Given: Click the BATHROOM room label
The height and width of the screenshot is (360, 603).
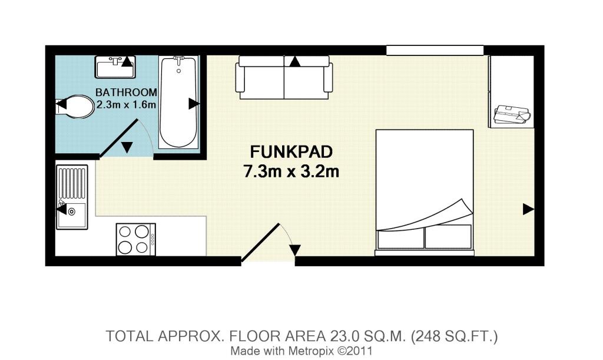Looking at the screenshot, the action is (126, 93).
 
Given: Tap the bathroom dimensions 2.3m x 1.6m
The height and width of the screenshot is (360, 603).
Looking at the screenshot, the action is (126, 105).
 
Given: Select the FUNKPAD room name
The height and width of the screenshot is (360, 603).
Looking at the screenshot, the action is (291, 152).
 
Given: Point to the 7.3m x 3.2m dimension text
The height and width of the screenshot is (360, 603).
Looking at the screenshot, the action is (291, 171).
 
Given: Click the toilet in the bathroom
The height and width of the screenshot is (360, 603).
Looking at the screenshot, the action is (76, 107).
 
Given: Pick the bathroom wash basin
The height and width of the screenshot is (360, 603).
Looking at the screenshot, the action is (115, 67).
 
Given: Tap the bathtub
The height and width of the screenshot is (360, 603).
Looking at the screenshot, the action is (178, 103).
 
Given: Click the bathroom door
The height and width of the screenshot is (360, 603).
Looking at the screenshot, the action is (118, 139).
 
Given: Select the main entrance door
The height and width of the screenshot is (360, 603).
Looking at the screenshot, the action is (260, 243).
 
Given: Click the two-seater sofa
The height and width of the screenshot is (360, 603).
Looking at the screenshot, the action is (284, 78).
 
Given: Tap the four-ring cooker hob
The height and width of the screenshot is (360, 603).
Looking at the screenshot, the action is (136, 239).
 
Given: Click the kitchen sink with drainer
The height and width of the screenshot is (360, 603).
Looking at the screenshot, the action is (72, 197).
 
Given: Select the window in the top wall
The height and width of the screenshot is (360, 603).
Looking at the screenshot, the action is (435, 51).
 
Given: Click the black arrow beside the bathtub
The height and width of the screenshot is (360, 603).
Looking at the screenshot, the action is (194, 104).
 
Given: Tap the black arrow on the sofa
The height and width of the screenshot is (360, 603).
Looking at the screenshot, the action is (294, 61).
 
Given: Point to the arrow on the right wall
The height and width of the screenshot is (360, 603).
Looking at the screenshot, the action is (528, 210).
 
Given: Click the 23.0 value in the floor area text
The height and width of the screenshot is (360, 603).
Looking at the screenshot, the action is (344, 336).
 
